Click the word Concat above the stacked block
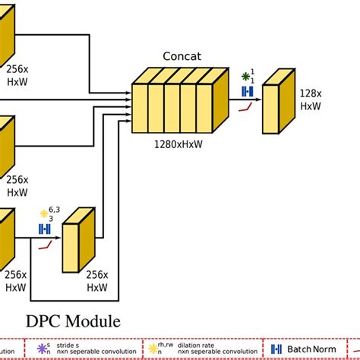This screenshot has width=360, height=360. tap(180, 56)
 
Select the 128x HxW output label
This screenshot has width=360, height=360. tap(309, 99)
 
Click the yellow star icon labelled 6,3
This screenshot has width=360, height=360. tap(43, 213)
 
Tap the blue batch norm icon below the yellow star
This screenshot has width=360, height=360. tap(45, 229)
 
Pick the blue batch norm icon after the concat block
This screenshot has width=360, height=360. tap(246, 91)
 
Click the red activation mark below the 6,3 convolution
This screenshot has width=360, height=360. tap(46, 245)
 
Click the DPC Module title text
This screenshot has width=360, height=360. tap(74, 321)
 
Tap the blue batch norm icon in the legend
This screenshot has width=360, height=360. tap(276, 349)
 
